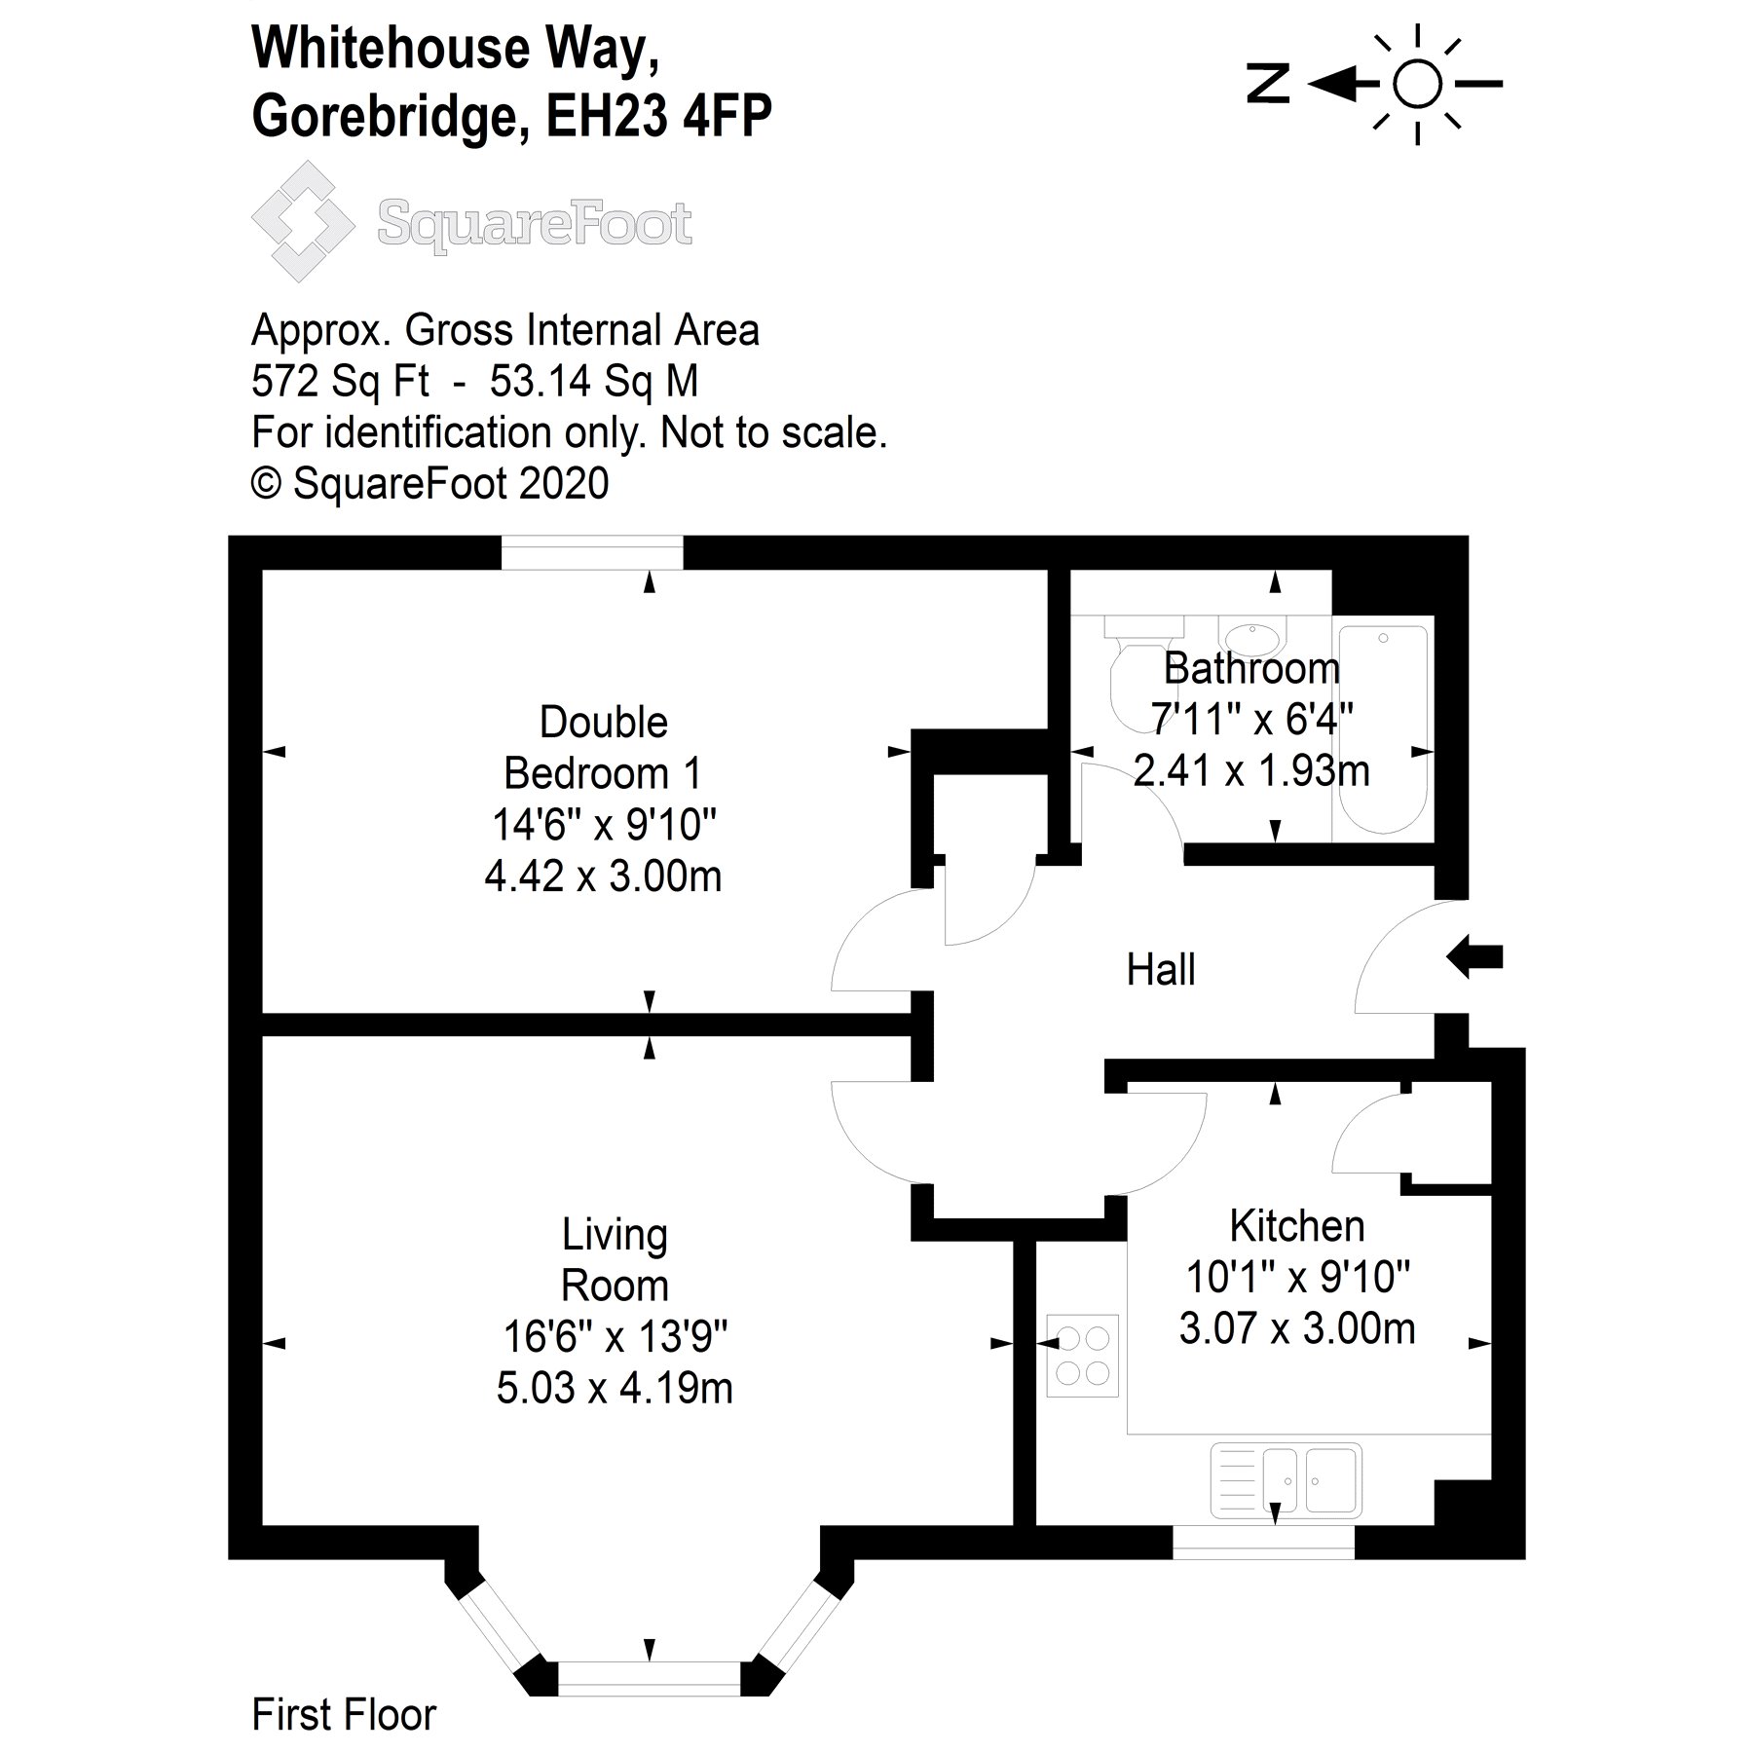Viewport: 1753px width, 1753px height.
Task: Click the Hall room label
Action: (1160, 970)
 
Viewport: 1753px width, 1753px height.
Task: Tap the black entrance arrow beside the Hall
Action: (1474, 956)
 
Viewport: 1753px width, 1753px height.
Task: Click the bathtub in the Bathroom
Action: (1382, 728)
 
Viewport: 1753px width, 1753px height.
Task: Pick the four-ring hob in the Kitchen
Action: (1082, 1355)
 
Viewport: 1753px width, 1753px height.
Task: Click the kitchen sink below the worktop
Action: (1286, 1480)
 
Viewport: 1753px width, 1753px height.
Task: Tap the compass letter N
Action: (1268, 84)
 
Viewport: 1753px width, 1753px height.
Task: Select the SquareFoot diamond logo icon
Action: (303, 221)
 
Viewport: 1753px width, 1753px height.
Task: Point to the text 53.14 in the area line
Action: (540, 381)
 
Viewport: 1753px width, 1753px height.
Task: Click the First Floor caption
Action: (344, 1715)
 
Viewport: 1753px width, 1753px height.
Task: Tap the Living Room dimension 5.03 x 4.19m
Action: (614, 1389)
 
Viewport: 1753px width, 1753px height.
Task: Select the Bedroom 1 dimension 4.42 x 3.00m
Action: (603, 876)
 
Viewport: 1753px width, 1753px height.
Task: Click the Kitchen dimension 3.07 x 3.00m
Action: (1296, 1328)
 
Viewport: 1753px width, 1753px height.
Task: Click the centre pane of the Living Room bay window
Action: (649, 1678)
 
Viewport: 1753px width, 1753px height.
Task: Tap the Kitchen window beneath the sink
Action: (1263, 1542)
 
